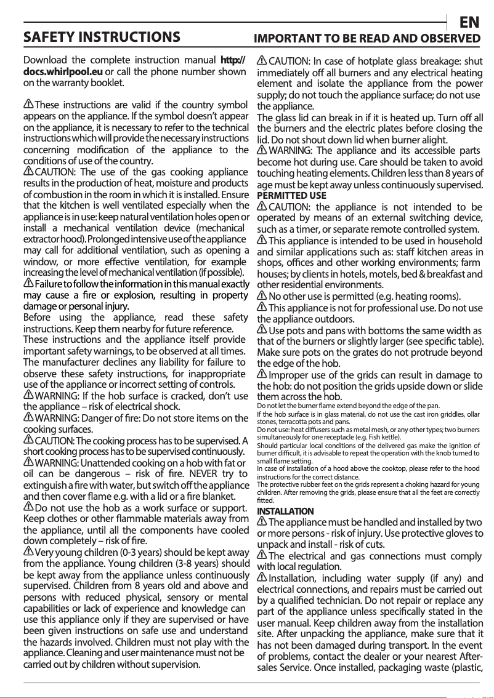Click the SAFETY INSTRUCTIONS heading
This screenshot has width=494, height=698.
click(x=102, y=38)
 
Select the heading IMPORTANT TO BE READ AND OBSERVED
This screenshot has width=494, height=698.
click(x=368, y=38)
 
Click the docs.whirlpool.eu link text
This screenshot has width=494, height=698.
click(x=62, y=71)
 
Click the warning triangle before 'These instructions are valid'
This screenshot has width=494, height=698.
click(x=28, y=104)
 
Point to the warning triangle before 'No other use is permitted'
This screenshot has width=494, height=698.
click(x=262, y=296)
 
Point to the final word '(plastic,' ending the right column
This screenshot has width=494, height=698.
click(x=464, y=667)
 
